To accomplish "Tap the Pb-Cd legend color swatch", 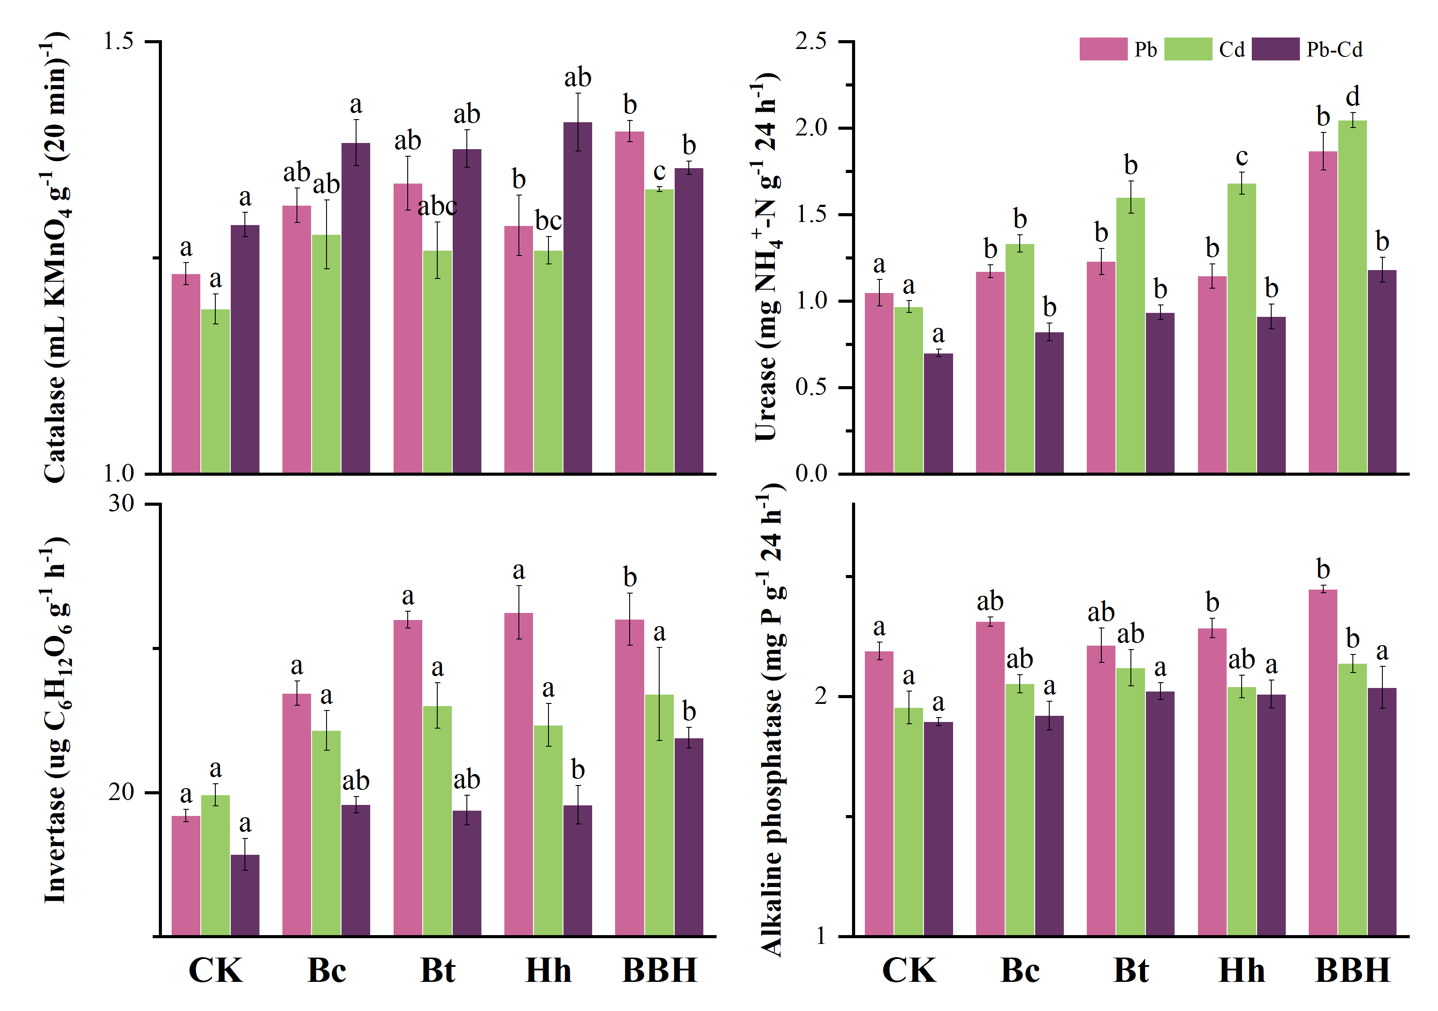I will (x=1275, y=49).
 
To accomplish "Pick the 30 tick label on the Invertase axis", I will (x=121, y=504).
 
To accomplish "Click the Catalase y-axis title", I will (x=56, y=257).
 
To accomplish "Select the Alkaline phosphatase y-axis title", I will (x=772, y=720).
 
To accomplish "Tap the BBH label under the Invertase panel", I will (x=660, y=970).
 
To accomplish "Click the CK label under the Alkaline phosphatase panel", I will (x=909, y=970).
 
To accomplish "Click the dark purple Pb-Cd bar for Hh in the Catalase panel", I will (x=578, y=297).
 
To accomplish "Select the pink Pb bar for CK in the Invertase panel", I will (x=186, y=876).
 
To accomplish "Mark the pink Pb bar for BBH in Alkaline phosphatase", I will (x=1323, y=763).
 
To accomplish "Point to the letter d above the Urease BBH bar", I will (x=1353, y=97).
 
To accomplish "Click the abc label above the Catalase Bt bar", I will (x=437, y=206).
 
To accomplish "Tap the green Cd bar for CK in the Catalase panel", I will (x=215, y=391).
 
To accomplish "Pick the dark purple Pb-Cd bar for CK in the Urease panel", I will (x=938, y=413).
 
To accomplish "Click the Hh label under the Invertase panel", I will (x=548, y=970).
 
